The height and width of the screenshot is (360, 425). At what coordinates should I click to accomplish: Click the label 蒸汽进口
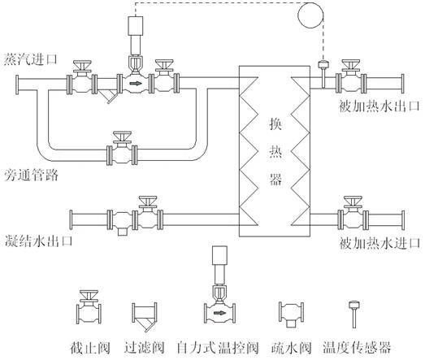(x=31, y=59)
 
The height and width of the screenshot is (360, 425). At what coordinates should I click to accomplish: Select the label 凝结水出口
(x=37, y=241)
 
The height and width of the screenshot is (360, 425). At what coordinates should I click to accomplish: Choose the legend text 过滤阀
(x=145, y=347)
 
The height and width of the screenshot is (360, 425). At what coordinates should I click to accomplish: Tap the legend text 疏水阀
(x=289, y=347)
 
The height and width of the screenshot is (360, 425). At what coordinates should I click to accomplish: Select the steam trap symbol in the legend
(x=289, y=314)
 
